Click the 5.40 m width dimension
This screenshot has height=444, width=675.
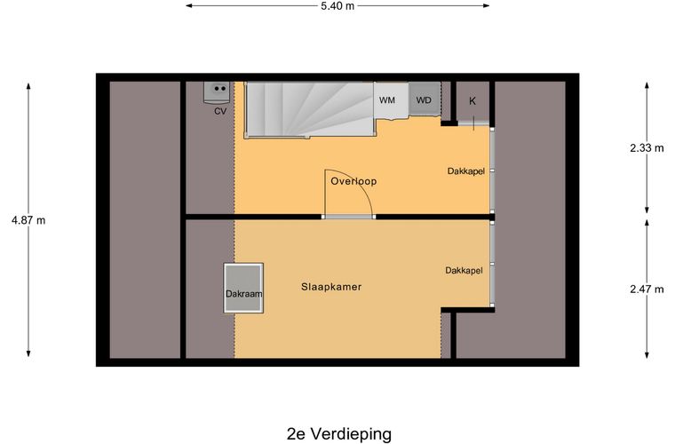[x=337, y=6]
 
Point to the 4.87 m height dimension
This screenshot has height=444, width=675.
[x=28, y=219]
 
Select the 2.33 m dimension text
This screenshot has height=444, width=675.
[x=647, y=148]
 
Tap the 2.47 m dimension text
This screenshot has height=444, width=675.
[x=647, y=289]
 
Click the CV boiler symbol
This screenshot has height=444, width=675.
[x=218, y=91]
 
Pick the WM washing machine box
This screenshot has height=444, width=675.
[x=387, y=99]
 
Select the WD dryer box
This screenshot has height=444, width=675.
[x=425, y=99]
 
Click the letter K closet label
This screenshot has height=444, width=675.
[x=472, y=101]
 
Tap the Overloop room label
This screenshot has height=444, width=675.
[x=353, y=181]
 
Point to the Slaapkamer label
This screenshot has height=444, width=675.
[x=331, y=287]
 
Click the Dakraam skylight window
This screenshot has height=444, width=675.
[x=243, y=288]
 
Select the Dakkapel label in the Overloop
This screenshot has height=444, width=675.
[x=465, y=171]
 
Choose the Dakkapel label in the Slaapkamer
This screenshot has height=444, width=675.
[x=464, y=271]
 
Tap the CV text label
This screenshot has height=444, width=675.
[x=219, y=112]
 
